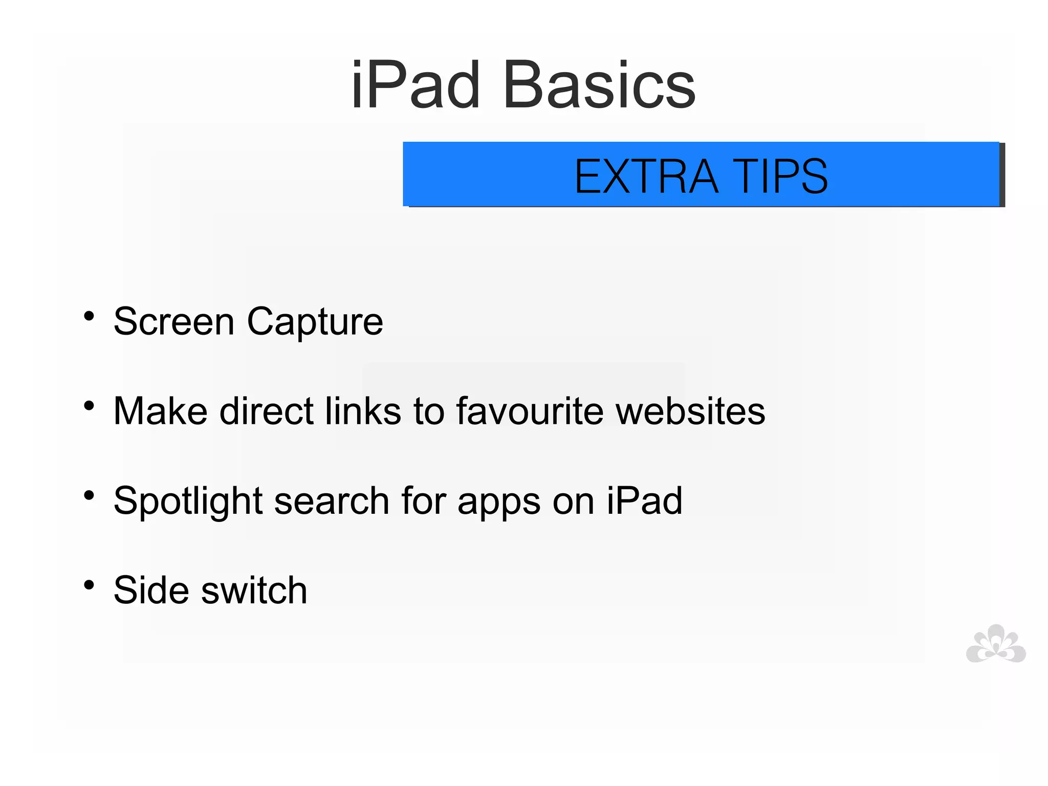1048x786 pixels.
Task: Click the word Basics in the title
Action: [599, 85]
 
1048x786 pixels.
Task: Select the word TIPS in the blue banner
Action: [780, 177]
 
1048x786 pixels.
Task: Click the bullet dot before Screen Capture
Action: [89, 316]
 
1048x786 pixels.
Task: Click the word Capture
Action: [315, 323]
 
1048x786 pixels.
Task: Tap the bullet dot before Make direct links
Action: [89, 406]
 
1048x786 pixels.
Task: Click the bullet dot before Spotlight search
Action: [89, 495]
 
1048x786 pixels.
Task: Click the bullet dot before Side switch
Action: [89, 585]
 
